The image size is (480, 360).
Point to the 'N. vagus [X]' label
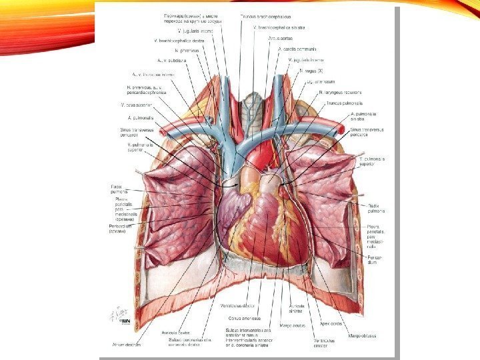click(311, 70)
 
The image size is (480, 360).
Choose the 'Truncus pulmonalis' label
click(340, 103)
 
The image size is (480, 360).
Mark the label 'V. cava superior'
click(137, 105)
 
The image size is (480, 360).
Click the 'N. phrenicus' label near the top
click(187, 51)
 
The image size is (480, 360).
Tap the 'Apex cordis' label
click(331, 323)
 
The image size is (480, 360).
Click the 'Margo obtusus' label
click(361, 335)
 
